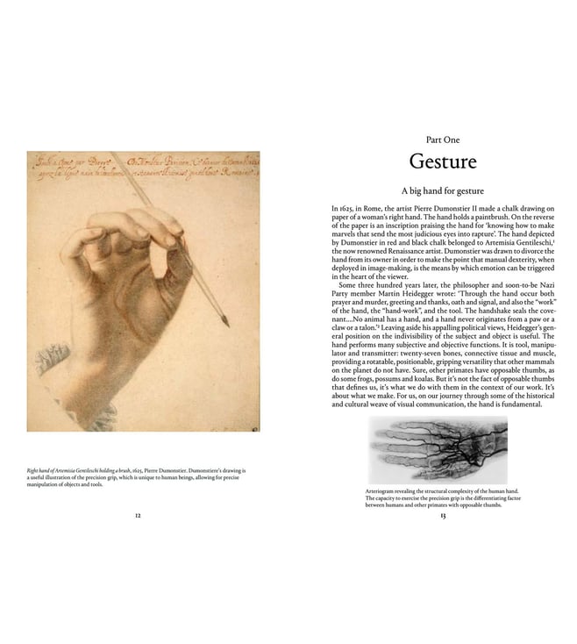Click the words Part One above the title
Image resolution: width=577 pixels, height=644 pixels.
coord(443,139)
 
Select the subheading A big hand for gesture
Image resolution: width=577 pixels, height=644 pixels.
coord(443,190)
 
